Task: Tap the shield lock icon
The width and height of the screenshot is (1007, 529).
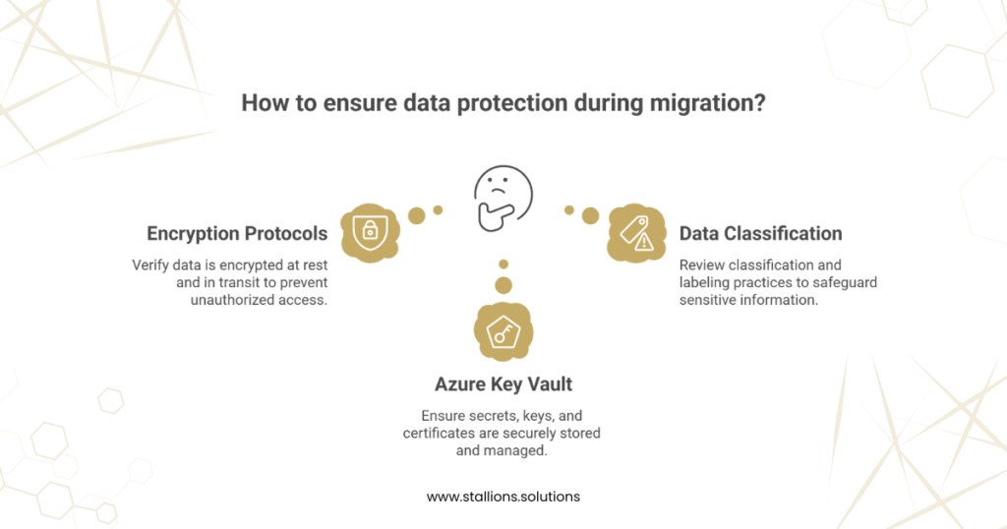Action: click(370, 231)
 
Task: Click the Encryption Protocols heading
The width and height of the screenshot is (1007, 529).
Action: click(237, 234)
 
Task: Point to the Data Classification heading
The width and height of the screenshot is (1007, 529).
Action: click(760, 234)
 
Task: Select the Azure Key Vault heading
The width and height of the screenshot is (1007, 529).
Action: click(503, 384)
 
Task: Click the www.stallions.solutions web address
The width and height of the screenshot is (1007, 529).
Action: click(503, 497)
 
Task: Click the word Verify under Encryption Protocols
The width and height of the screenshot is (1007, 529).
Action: click(150, 264)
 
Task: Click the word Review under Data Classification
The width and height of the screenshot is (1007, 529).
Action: click(703, 265)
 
